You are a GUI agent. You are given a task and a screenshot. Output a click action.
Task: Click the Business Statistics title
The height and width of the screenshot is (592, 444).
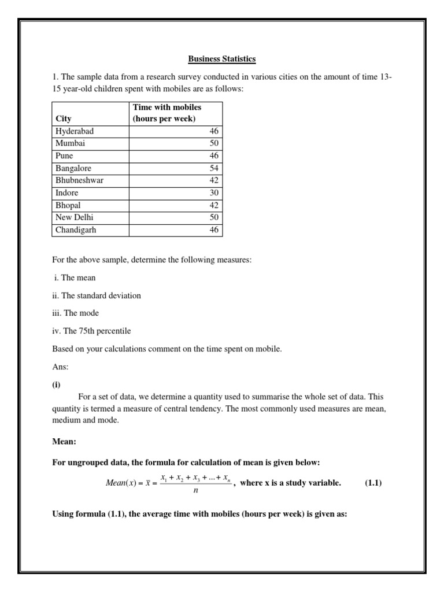point(221,59)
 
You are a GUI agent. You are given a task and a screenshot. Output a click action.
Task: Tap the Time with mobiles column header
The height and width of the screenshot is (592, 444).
point(167,113)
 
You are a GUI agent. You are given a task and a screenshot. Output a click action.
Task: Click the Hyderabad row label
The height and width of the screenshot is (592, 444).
point(75,131)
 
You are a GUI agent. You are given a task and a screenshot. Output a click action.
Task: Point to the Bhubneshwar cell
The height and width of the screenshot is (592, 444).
point(80,180)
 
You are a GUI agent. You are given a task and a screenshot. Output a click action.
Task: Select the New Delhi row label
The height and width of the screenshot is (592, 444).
point(75,217)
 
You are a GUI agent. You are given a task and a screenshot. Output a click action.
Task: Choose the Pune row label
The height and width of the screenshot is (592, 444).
point(64,156)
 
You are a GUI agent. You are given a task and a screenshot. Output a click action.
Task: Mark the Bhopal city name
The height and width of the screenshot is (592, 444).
point(68,205)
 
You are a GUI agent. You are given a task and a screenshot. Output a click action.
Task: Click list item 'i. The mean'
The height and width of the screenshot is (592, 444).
point(75,277)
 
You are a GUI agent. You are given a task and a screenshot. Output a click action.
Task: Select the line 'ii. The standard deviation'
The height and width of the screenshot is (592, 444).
point(97,295)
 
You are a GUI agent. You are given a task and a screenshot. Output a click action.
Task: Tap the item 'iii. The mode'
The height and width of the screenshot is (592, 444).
point(76,313)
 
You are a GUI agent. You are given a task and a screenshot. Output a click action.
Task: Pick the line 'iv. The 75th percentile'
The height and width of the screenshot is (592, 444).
point(92,331)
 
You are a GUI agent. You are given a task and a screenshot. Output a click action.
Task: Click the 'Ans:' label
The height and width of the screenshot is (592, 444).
point(60,367)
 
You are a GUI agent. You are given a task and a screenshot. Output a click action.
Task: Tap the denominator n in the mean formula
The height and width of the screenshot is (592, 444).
point(195,490)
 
